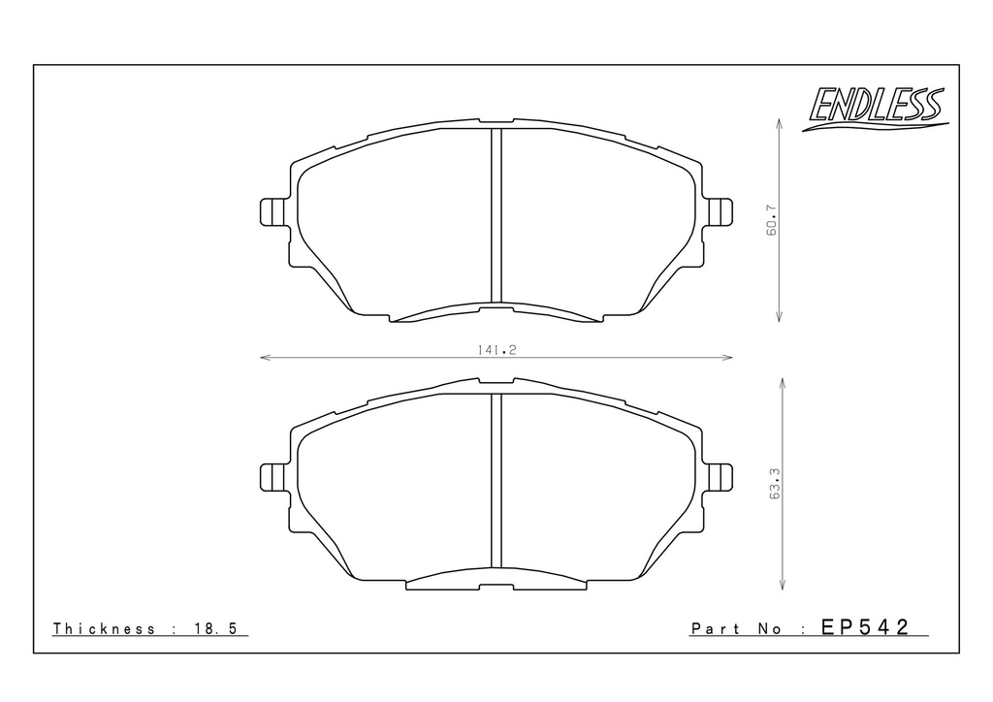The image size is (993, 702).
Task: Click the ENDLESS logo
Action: point(876,108)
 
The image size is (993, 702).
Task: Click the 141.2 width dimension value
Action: point(497,349)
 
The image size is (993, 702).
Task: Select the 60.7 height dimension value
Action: point(771,220)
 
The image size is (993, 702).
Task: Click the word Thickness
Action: point(104,628)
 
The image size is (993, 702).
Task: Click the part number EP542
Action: point(865,626)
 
